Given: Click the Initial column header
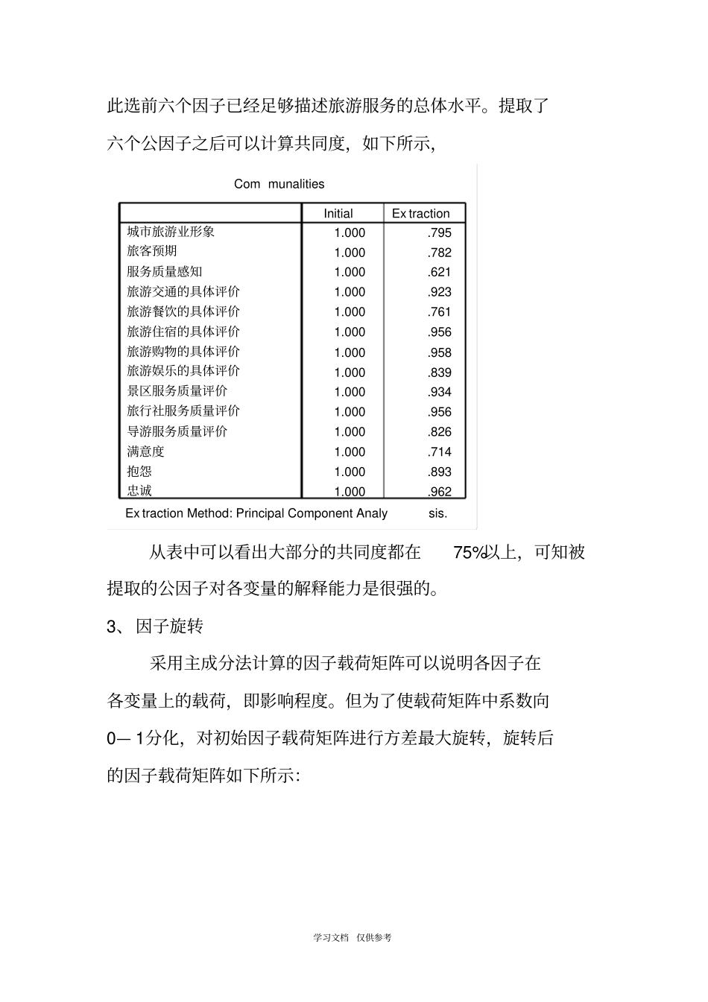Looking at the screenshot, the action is click(x=338, y=213).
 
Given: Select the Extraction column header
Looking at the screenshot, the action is click(x=420, y=213).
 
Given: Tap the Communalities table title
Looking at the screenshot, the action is click(x=279, y=184).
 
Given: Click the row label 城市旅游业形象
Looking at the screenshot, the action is click(x=171, y=232).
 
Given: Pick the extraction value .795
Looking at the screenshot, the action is click(x=440, y=232).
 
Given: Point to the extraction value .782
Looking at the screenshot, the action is click(x=440, y=253).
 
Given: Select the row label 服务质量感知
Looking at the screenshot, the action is click(x=164, y=272).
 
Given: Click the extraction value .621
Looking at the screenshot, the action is click(x=440, y=272).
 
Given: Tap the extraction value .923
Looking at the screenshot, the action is click(x=440, y=292).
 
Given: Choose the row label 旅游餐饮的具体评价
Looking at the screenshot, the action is click(x=183, y=311).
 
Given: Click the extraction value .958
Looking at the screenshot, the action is click(x=440, y=352).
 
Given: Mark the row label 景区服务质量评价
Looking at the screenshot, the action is click(x=177, y=391).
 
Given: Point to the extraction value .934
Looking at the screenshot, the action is click(x=440, y=392).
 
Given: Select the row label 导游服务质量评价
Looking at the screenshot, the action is click(x=177, y=431).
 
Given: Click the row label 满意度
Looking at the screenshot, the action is click(x=145, y=451).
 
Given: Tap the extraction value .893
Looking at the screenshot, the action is click(x=440, y=472).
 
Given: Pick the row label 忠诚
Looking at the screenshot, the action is click(x=139, y=490).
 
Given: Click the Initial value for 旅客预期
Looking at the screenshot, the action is click(x=350, y=253).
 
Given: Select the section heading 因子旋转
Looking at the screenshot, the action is click(x=169, y=626).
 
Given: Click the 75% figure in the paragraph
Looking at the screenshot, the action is click(x=469, y=552).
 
